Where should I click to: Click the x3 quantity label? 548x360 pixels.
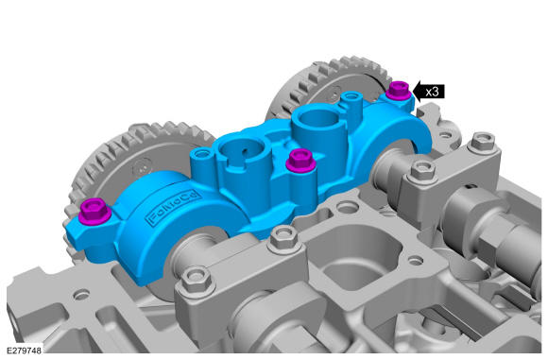pos(433,92)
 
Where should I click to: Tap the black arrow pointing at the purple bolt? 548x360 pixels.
pos(429,92)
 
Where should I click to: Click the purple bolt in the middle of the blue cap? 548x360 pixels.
pos(300,160)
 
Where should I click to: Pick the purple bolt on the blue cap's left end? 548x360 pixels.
pos(94,211)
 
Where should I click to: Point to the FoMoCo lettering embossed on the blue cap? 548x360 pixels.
pos(174,207)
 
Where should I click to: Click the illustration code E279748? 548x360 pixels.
pos(24,351)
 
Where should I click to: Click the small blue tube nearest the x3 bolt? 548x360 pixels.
pos(351,101)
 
